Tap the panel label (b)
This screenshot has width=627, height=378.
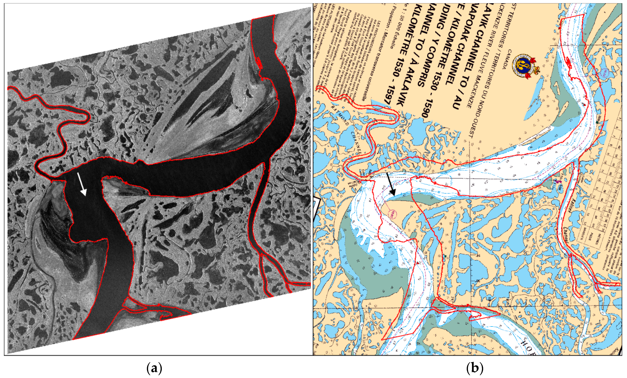click(475, 368)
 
